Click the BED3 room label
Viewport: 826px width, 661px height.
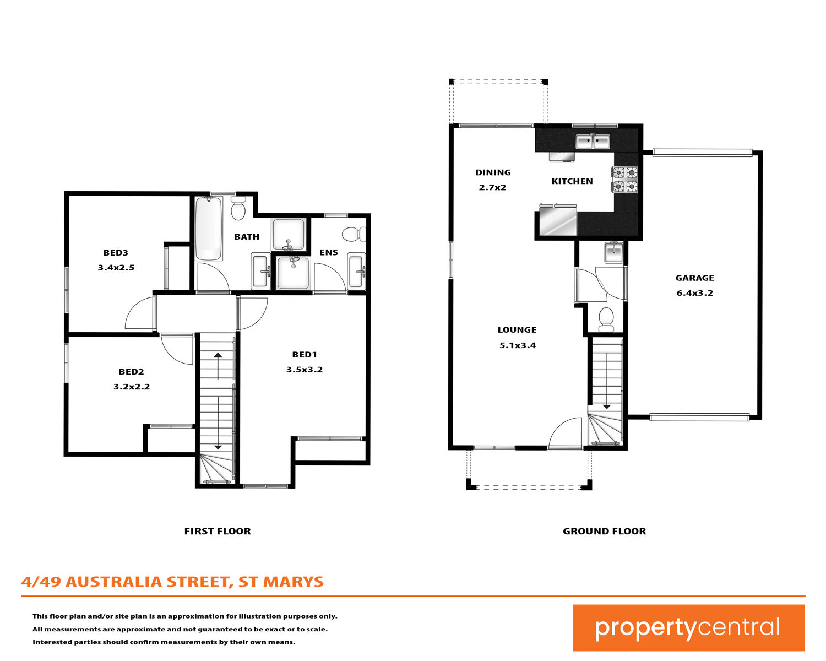[116, 253]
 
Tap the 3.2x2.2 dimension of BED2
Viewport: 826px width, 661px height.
[131, 387]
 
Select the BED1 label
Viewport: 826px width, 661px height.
[305, 355]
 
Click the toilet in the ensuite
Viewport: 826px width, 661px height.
[354, 234]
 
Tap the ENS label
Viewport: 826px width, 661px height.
[329, 252]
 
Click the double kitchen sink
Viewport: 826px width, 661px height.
[593, 142]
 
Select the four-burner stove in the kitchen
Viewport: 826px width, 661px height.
[624, 180]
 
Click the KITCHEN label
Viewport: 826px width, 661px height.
[572, 181]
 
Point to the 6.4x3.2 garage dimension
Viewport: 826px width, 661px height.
[695, 293]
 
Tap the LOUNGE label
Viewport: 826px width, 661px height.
[517, 329]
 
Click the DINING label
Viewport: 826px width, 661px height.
[493, 172]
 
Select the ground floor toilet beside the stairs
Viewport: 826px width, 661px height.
[606, 319]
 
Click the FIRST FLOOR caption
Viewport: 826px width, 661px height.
[218, 531]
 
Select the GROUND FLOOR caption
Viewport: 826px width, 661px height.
[604, 531]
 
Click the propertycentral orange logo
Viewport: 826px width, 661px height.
[688, 627]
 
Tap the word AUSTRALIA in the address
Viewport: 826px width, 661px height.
[114, 582]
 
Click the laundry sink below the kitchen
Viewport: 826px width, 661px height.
[613, 253]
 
